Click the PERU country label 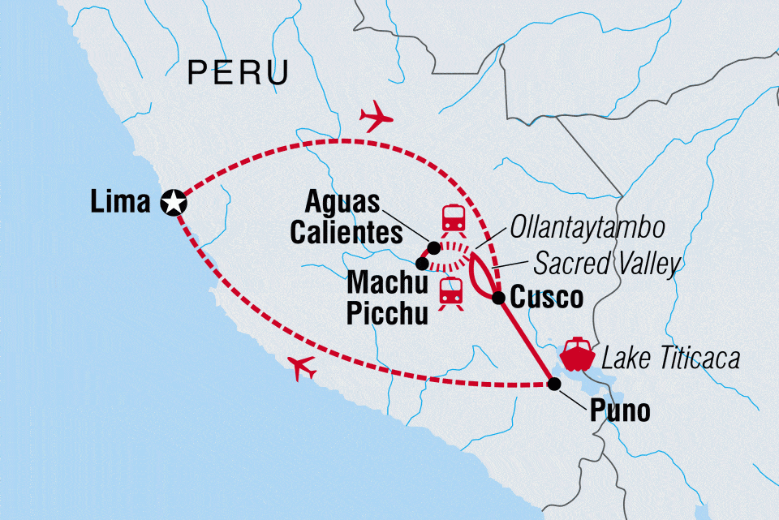point(238,73)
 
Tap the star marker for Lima point(174,202)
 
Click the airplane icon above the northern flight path point(374,117)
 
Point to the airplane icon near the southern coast point(301,368)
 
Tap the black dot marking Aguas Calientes point(434,247)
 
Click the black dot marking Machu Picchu point(421,263)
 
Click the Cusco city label point(547,298)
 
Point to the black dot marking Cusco point(499,299)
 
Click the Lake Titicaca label point(667,358)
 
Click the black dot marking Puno point(555,384)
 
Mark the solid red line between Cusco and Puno point(527,341)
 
